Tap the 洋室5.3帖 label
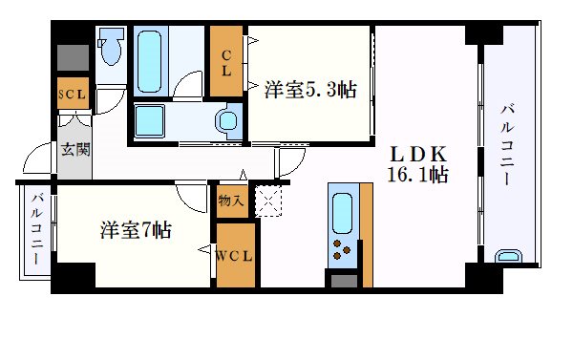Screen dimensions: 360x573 coord(309,91)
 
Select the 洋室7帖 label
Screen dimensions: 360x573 coord(136,230)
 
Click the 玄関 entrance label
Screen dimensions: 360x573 coord(76,149)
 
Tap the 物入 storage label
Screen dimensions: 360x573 coord(230,201)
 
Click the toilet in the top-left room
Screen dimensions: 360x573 coord(110,48)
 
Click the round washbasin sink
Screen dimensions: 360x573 coord(228,121)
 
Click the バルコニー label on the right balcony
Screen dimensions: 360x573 coord(506,144)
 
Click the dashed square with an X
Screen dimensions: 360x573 coord(270,202)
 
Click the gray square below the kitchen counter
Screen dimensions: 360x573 coord(341,280)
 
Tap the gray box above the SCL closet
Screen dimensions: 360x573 coord(72,58)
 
